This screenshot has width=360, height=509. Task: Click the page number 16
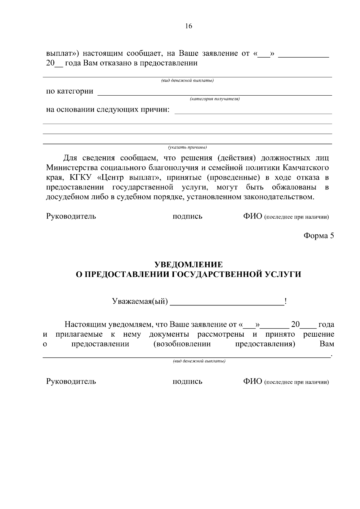click(188, 26)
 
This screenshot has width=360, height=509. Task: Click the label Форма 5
click(319, 236)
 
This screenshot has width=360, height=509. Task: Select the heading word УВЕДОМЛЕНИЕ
click(188, 264)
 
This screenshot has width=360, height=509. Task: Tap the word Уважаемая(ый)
click(140, 301)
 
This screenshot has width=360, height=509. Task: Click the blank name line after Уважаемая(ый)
click(227, 302)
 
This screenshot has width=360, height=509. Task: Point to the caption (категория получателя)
click(214, 99)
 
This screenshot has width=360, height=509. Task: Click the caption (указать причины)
click(187, 147)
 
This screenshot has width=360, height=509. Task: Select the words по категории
click(70, 91)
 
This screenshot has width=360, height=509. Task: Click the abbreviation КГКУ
click(82, 177)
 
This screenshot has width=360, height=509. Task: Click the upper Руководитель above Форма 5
click(71, 216)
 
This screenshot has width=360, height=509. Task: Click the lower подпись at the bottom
click(187, 382)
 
